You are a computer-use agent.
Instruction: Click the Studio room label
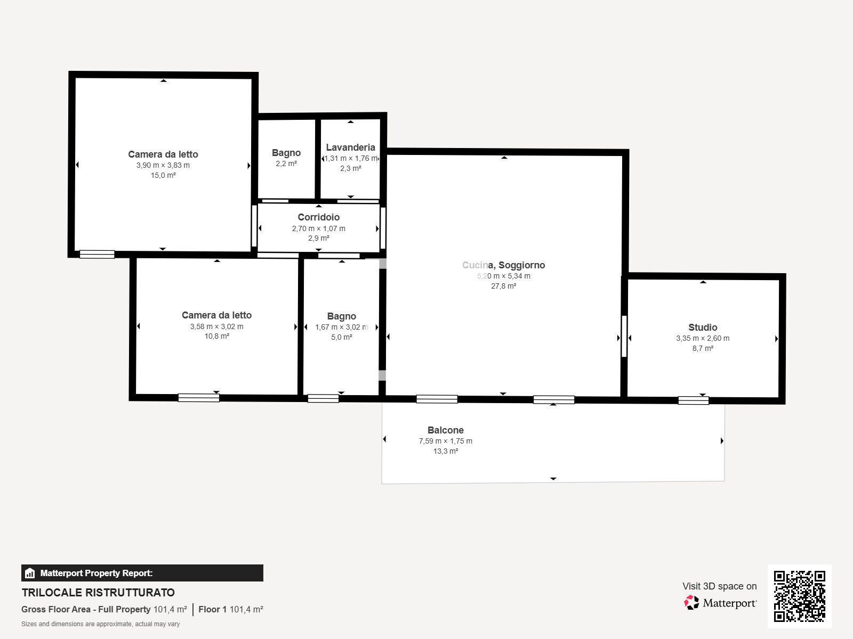click(703, 327)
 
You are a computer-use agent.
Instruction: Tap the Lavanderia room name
click(350, 148)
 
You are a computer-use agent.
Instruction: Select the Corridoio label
click(319, 217)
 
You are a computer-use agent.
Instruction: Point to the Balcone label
click(445, 430)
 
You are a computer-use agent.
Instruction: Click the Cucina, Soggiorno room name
click(504, 265)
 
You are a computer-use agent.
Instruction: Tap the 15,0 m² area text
click(163, 175)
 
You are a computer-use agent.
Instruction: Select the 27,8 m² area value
click(504, 286)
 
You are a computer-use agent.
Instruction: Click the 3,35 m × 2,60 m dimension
click(703, 338)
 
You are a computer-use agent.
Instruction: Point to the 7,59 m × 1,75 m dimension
click(445, 441)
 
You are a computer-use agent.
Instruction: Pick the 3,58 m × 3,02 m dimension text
click(217, 326)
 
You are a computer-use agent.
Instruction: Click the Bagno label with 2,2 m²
click(286, 153)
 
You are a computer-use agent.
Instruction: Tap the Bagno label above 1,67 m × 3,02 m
click(342, 317)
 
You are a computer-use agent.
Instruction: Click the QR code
click(799, 596)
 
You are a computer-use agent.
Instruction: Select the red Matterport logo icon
click(691, 603)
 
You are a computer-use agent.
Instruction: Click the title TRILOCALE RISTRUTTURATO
click(98, 593)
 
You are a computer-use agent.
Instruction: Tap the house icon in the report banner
click(30, 573)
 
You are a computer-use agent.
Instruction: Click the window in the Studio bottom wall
click(693, 400)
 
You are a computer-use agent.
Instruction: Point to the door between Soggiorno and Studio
click(624, 337)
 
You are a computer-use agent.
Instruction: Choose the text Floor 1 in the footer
click(213, 610)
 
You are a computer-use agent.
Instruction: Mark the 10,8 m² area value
click(217, 337)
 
